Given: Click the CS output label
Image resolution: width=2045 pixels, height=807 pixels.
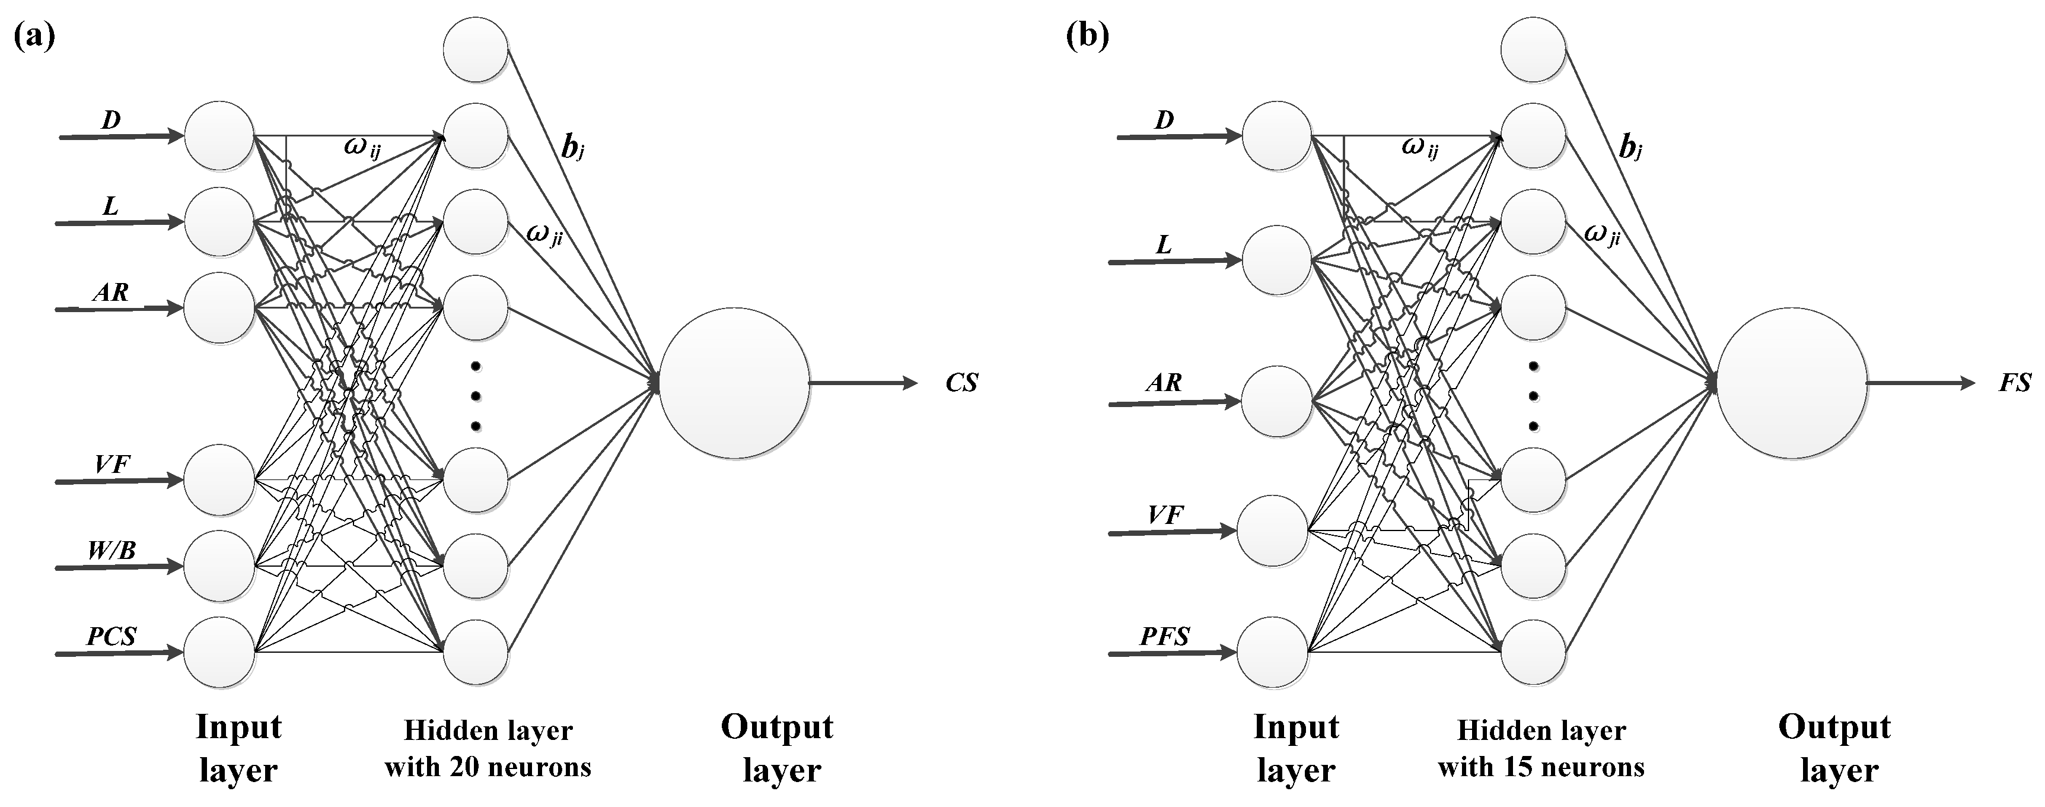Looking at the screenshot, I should point(961,383).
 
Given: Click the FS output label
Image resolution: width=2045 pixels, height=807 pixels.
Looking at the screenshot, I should point(2015,383).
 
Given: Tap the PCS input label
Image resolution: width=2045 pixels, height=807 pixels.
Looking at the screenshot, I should point(111,636).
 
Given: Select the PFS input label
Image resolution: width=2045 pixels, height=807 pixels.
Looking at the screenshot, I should point(1165,636).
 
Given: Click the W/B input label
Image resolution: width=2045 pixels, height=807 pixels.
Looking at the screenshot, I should point(111,549).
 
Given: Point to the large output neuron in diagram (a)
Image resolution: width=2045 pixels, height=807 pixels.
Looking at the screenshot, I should point(734,383).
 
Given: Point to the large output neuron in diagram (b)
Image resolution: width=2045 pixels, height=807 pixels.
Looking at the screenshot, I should point(1791,383).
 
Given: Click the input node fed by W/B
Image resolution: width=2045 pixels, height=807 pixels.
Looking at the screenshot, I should point(219,565).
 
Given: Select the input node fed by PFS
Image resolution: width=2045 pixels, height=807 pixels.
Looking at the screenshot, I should point(1272,652).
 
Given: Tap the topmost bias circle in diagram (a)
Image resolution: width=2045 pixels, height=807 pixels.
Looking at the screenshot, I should point(476,49).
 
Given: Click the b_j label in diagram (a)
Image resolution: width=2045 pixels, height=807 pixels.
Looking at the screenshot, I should point(572,148).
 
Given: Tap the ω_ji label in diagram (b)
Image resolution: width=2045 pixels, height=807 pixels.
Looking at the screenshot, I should point(1601,234).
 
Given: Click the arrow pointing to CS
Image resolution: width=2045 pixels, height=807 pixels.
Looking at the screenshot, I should point(863,383).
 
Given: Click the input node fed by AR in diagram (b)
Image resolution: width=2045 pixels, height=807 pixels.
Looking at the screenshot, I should point(1276,401).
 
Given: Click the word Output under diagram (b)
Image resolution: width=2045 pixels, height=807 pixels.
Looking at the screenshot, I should point(1834,727).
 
